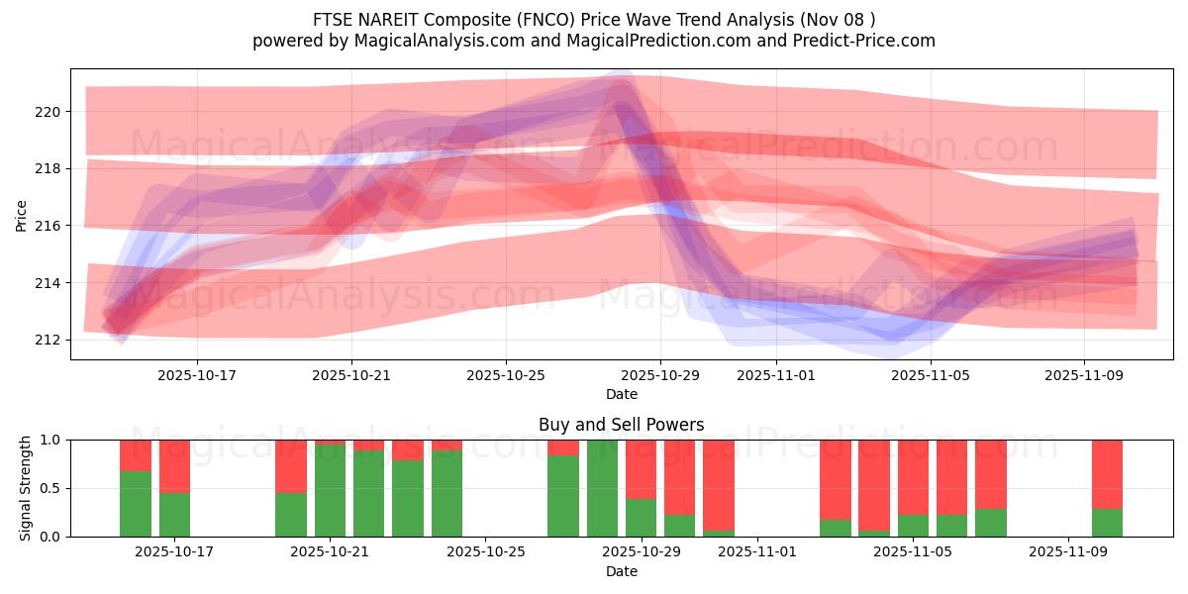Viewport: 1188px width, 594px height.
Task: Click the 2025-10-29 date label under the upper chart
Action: point(660,375)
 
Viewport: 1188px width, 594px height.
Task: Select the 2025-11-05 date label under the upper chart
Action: point(931,375)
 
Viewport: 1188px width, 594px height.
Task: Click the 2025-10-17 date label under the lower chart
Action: point(173,552)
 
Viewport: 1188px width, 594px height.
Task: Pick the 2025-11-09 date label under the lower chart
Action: point(1068,552)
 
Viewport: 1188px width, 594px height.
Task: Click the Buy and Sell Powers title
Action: point(621,425)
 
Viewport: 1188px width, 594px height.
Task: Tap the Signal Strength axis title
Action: point(26,488)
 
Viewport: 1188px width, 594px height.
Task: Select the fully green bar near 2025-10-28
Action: point(602,488)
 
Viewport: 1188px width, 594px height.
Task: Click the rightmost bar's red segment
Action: point(1107,473)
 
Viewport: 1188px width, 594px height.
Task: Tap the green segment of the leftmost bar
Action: point(136,504)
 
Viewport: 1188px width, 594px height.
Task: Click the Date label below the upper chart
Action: point(621,394)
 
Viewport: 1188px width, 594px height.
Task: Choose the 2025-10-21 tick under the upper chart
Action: point(350,375)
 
